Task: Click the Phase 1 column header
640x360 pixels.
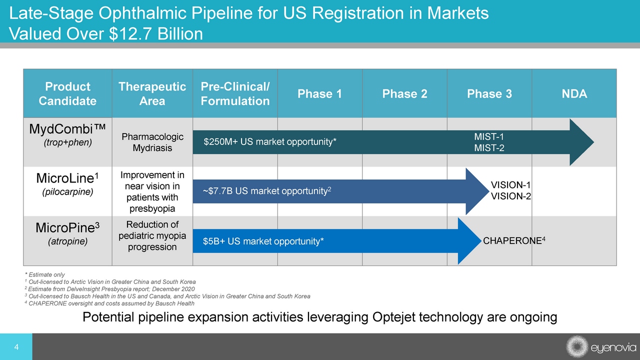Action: (x=319, y=94)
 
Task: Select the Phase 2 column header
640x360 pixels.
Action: (x=404, y=94)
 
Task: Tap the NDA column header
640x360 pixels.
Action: (x=574, y=94)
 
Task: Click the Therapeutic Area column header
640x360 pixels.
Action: (x=152, y=94)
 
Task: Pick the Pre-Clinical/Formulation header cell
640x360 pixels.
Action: (x=235, y=94)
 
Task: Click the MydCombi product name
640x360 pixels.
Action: (x=67, y=129)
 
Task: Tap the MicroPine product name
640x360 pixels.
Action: (x=67, y=228)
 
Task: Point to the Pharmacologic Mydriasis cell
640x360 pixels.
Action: (x=152, y=142)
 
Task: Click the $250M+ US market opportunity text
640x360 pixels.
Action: (x=270, y=142)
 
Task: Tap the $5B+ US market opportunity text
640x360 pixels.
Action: (x=263, y=241)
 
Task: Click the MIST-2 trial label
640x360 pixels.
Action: (x=488, y=147)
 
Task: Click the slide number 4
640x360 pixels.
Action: (x=16, y=347)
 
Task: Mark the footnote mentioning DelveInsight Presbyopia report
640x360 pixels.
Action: (x=109, y=289)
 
